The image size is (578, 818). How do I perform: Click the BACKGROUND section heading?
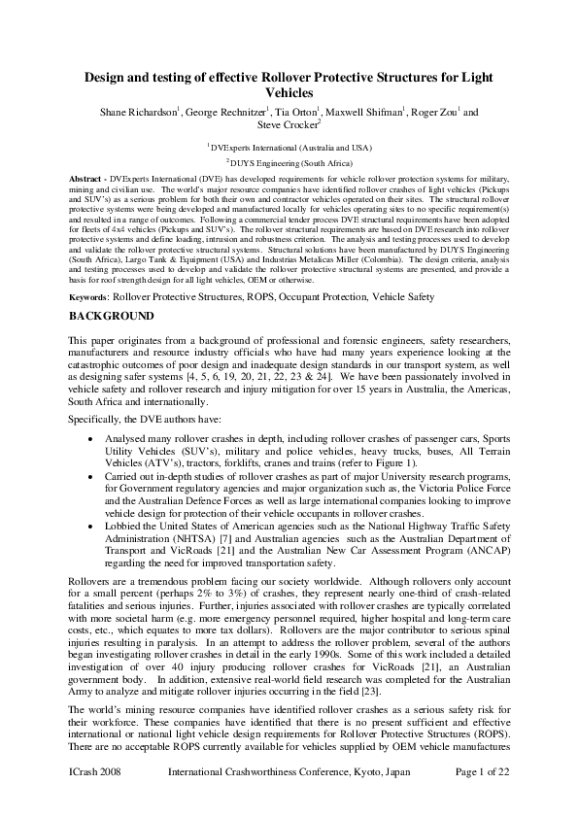(111, 317)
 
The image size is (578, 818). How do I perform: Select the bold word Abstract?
(86, 181)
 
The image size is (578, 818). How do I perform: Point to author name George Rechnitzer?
(229, 112)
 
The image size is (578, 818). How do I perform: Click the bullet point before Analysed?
(89, 439)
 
